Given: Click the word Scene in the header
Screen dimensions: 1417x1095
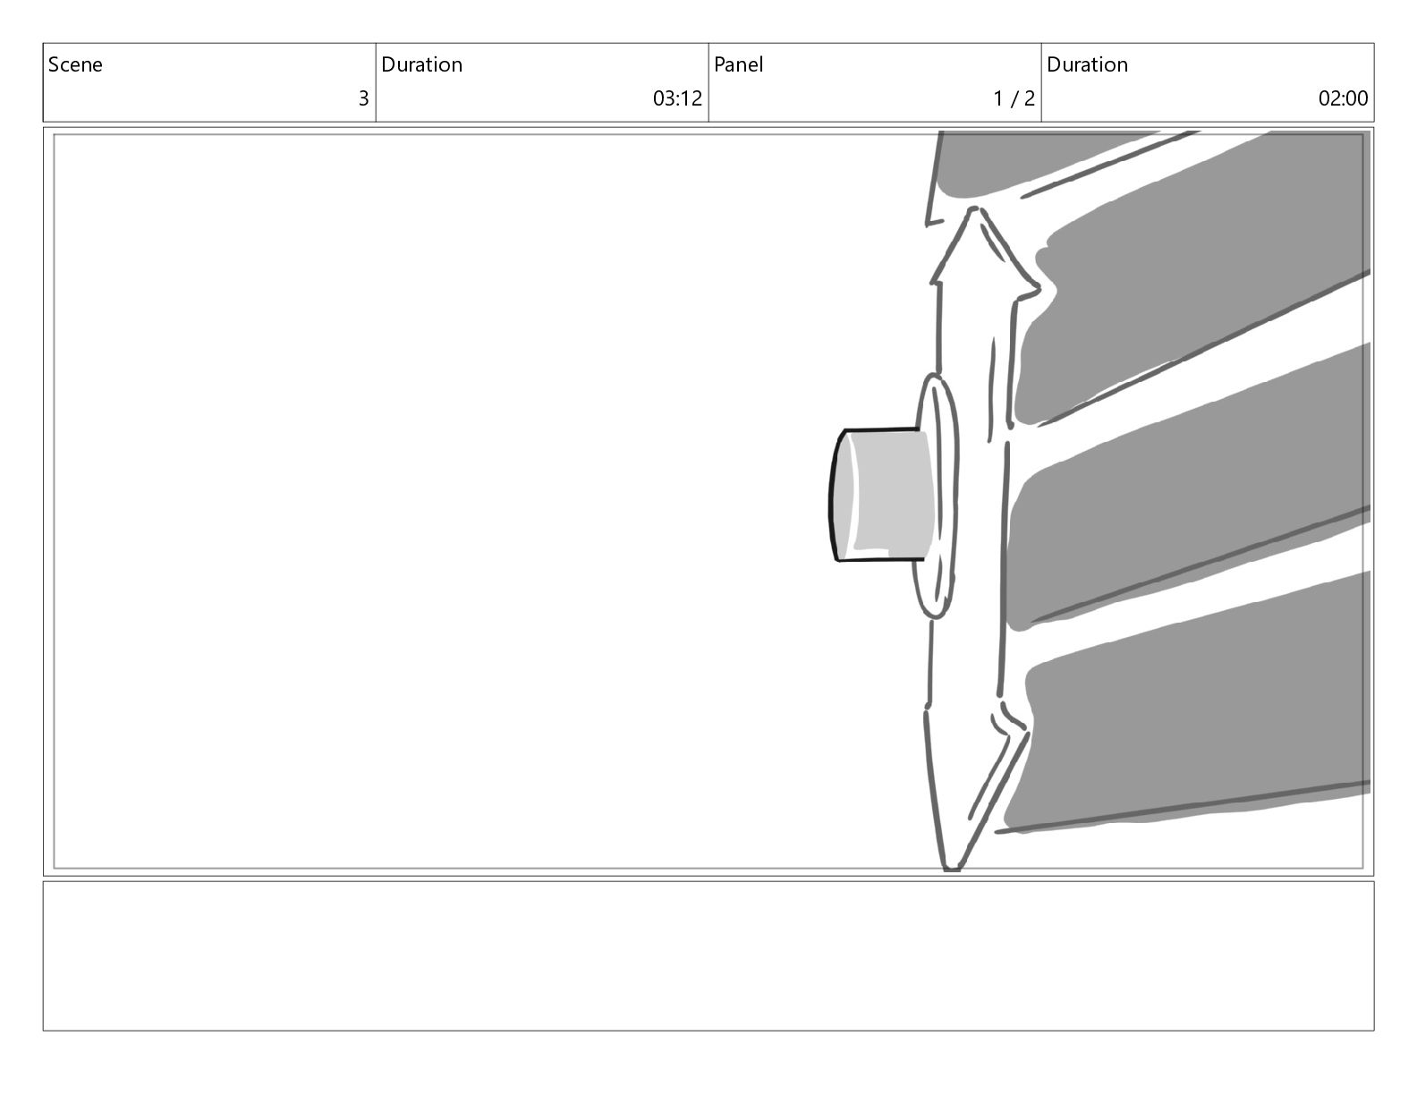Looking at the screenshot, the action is (x=75, y=64).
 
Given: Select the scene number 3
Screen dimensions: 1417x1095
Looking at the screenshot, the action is (x=364, y=98).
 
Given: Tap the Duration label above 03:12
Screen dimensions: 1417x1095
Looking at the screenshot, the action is (x=422, y=64).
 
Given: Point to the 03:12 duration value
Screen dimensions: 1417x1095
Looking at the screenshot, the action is (x=677, y=98).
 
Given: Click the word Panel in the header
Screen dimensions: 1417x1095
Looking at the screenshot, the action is (x=738, y=64).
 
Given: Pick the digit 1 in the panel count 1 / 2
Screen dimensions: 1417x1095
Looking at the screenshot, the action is (x=998, y=98).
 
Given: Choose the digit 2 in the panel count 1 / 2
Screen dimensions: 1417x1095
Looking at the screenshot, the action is (x=1029, y=98).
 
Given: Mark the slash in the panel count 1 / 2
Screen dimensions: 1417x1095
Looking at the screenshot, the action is (x=1014, y=98).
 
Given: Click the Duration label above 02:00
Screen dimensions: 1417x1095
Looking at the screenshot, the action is (x=1087, y=64).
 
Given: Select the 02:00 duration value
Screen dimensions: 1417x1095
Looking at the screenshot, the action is (x=1344, y=98).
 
